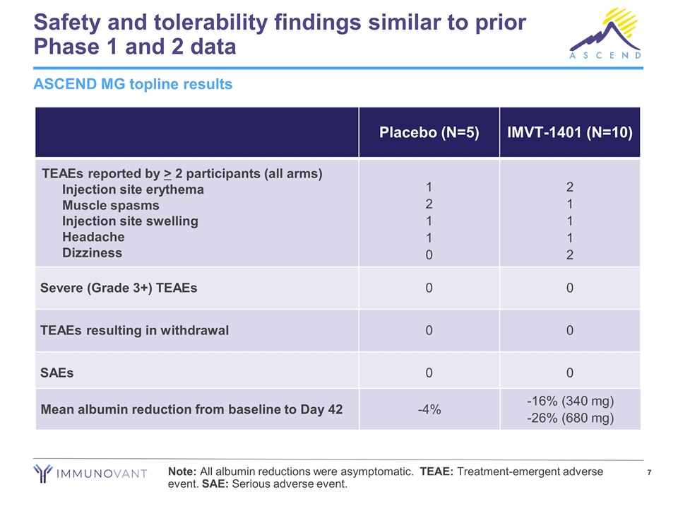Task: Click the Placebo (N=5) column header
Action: pos(429,133)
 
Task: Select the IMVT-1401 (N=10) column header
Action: pos(569,133)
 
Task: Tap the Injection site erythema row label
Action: pos(133,189)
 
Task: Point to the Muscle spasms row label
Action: pos(110,205)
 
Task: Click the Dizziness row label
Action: pos(92,252)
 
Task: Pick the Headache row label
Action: pos(93,237)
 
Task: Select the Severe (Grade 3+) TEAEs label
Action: pos(119,288)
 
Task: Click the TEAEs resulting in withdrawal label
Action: pos(134,330)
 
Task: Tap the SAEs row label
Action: pos(57,373)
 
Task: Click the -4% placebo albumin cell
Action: pos(429,409)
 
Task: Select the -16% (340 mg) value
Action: pos(570,402)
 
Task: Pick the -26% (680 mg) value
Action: pos(570,418)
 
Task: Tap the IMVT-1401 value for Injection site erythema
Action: pos(570,188)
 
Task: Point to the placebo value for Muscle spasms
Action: pos(429,204)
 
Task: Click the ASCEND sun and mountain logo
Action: pos(607,32)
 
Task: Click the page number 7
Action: pos(649,472)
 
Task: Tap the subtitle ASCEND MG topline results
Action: pos(133,84)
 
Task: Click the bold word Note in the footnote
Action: pos(183,472)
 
